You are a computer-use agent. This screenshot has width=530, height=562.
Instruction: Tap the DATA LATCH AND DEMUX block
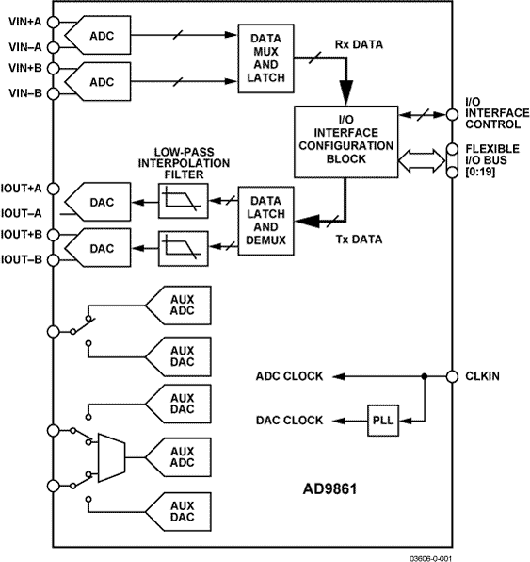tap(266, 223)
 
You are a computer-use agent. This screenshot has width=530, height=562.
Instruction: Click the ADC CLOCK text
tap(289, 376)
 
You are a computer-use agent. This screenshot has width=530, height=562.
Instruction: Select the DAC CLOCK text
tap(289, 420)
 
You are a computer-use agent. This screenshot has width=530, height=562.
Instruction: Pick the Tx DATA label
tap(361, 240)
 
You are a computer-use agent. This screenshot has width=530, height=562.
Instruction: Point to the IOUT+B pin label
tap(23, 234)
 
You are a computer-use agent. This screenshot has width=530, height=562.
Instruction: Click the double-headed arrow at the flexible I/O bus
tap(423, 160)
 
